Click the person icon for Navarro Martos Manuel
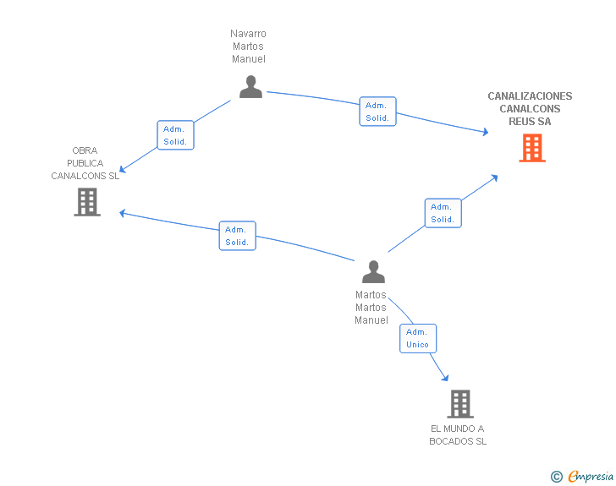250,86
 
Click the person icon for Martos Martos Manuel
373,271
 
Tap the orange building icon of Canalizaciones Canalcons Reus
532,148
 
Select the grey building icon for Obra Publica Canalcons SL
87,202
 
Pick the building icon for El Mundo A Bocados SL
459,404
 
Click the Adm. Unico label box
418,338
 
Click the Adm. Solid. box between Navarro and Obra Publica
176,135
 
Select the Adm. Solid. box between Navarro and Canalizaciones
377,112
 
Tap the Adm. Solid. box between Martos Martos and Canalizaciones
443,213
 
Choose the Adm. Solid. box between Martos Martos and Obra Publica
237,236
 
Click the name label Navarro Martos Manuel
249,46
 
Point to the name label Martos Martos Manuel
371,308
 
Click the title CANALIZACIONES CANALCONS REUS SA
530,109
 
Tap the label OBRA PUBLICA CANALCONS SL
85,163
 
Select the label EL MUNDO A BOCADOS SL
458,434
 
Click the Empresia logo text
591,477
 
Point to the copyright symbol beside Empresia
557,477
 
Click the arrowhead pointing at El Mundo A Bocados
444,378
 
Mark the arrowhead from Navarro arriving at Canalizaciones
485,132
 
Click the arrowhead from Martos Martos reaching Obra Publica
123,212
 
